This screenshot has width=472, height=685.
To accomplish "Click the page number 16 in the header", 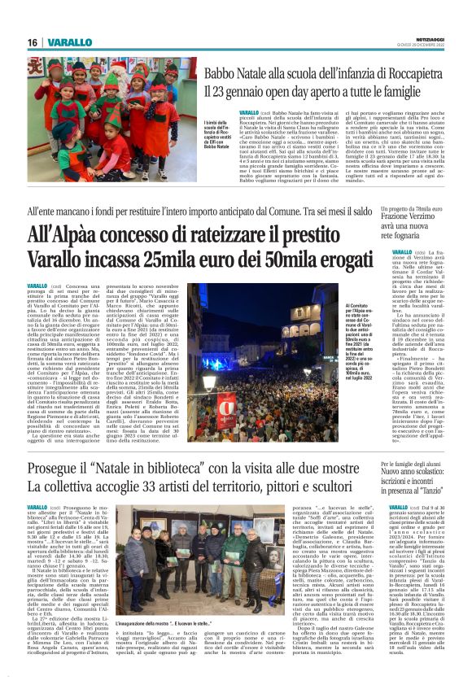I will [x=32, y=42].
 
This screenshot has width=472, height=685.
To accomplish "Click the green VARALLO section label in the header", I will [x=68, y=42].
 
